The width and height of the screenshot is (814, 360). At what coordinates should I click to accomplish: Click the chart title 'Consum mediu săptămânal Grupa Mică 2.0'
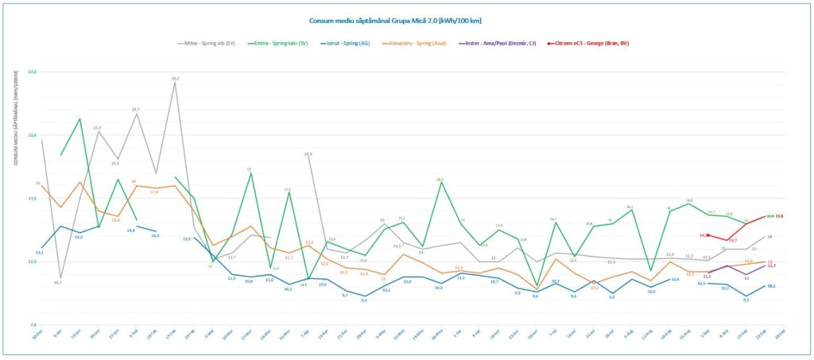tap(406, 21)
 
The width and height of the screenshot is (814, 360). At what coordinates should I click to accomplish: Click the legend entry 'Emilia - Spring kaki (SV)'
tap(281, 43)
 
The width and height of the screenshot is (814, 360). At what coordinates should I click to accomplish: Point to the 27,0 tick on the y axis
tap(33, 72)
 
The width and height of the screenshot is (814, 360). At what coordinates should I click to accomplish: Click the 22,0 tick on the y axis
tap(33, 135)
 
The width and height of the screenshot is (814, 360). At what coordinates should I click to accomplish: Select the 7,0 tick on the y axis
tap(33, 325)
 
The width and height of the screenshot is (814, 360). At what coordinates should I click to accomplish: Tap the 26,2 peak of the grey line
tap(175, 79)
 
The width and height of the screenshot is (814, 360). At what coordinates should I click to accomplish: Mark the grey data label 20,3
tap(308, 153)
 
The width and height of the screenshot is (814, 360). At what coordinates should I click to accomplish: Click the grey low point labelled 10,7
tap(58, 282)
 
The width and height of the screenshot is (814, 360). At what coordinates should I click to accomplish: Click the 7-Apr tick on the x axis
tap(305, 334)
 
